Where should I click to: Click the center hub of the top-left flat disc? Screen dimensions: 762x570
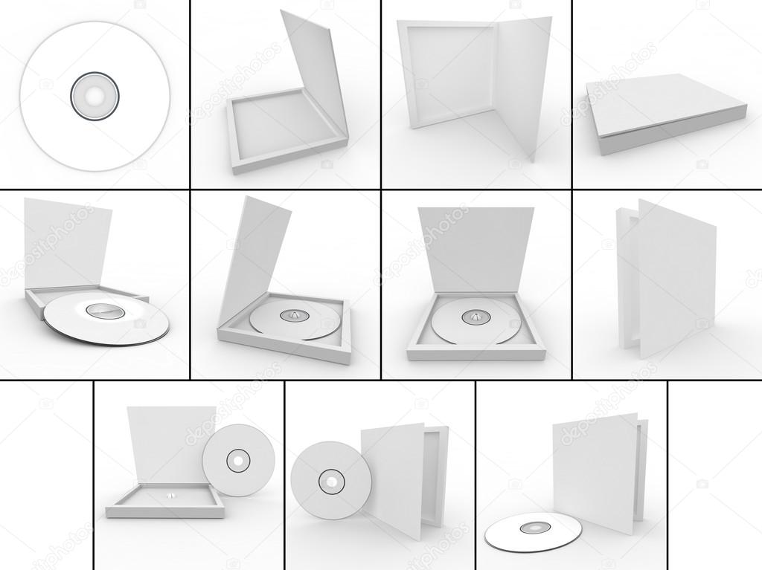[95, 96]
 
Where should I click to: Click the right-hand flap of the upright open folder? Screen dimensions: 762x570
[523, 82]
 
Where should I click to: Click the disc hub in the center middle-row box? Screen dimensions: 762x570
[294, 315]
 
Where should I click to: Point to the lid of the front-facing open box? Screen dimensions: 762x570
[475, 249]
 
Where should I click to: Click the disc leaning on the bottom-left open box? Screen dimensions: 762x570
[238, 460]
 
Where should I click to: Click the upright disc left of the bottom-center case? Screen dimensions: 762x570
[330, 481]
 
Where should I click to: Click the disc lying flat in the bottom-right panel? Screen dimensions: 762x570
[533, 531]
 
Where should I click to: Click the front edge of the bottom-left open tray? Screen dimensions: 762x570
[164, 513]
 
